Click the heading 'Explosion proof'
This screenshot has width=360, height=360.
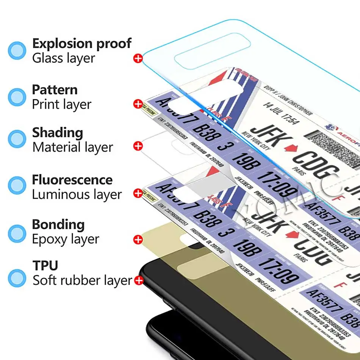(81, 44)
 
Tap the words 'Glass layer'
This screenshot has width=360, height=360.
(63, 58)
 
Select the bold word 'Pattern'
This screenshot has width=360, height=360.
(55, 90)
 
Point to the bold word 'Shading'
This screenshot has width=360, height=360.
(57, 133)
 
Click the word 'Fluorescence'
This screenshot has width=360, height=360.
(72, 180)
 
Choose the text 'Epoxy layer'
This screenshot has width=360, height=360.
(66, 239)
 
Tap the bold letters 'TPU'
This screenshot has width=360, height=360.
(45, 265)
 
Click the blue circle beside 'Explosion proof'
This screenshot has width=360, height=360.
(17, 51)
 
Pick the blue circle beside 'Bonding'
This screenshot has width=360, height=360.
(17, 232)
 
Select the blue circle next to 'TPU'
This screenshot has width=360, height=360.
(17, 277)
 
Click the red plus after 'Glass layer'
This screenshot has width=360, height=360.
(138, 58)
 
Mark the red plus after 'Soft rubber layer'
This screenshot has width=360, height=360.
(139, 280)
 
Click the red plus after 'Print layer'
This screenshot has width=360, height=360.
(138, 103)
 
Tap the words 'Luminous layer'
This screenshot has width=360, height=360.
(77, 195)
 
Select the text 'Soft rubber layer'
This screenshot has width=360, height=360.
(82, 280)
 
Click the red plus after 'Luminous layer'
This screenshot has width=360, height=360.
(138, 193)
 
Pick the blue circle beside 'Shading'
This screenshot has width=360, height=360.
(17, 139)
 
